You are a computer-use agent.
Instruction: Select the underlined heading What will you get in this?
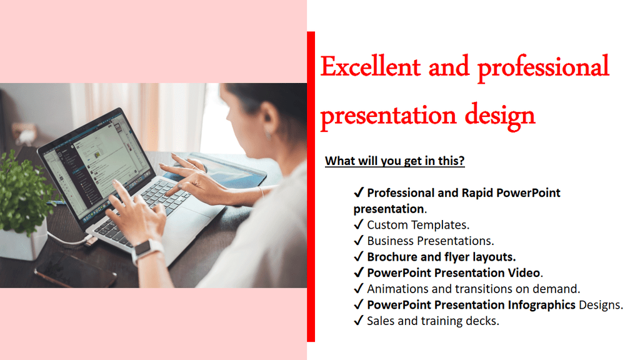(x=395, y=161)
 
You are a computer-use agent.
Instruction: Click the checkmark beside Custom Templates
(x=358, y=224)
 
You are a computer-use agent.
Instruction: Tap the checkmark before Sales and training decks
(x=358, y=321)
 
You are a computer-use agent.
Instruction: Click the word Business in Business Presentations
(x=390, y=241)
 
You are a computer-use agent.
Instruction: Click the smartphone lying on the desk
(x=75, y=270)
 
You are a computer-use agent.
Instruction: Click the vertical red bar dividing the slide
(x=311, y=186)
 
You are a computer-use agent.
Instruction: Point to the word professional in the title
(x=543, y=67)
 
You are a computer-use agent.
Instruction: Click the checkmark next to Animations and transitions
(x=358, y=289)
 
